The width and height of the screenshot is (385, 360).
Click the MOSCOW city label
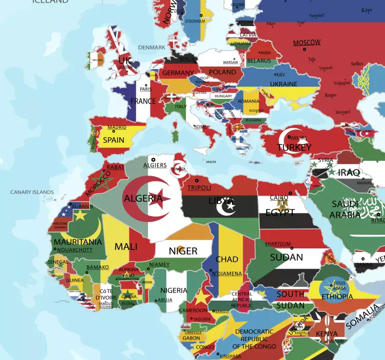click(307, 43)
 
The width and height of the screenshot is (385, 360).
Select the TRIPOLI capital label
click(199, 188)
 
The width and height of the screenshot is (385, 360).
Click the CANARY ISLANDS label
click(32, 193)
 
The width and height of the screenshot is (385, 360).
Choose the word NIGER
click(183, 251)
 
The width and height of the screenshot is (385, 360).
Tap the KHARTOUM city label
click(277, 244)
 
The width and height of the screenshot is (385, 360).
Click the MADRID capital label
click(117, 128)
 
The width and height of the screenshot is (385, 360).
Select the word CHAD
click(227, 260)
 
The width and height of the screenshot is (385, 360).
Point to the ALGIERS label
click(155, 165)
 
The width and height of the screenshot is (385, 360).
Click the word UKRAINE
click(283, 84)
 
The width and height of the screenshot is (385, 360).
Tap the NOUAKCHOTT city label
click(75, 250)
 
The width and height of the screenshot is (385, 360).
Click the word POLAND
click(222, 72)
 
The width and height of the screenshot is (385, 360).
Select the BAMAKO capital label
click(97, 267)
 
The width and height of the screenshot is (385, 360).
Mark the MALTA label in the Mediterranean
click(211, 162)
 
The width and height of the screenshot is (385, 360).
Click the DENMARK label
click(152, 48)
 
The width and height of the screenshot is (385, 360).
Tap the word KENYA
click(326, 334)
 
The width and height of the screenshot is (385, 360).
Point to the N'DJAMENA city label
click(227, 273)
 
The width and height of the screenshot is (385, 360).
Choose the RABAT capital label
click(115, 167)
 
